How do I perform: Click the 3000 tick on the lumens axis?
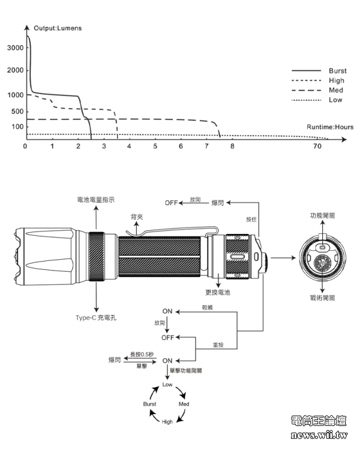[16, 48]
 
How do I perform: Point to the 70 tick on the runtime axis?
[316, 146]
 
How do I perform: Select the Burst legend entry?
[337, 71]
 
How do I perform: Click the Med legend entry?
[336, 90]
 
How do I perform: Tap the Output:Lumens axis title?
[59, 28]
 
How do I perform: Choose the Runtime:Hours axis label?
[329, 127]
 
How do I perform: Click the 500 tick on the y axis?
[17, 112]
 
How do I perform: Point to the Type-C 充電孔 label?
[96, 317]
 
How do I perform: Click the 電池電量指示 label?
[97, 199]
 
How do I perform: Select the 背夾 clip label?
[137, 217]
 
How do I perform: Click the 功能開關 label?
[322, 215]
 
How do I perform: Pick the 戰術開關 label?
[322, 298]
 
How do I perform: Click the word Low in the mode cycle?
[167, 384]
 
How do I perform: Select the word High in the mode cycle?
[167, 422]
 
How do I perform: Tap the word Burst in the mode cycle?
[149, 404]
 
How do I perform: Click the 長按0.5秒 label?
[142, 354]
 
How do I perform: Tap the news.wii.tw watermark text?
[319, 435]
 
